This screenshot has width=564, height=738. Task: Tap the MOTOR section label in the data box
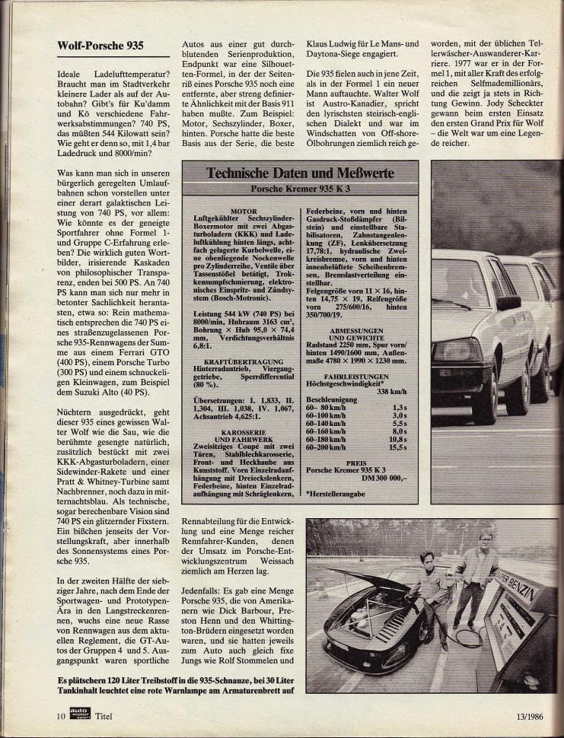tap(238, 206)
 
